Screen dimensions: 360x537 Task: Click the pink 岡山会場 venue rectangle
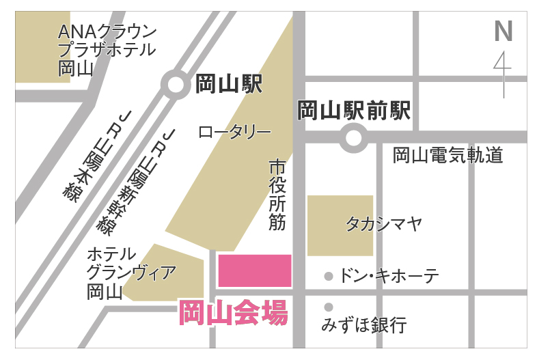pyautogui.click(x=254, y=271)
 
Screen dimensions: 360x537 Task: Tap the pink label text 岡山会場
pyautogui.click(x=233, y=314)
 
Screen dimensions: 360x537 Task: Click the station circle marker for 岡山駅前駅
pyautogui.click(x=353, y=138)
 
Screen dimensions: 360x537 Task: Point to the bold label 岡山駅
pyautogui.click(x=228, y=84)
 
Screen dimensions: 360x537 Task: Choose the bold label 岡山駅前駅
pyautogui.click(x=355, y=110)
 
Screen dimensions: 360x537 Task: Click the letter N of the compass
pyautogui.click(x=503, y=31)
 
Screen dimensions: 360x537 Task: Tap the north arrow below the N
pyautogui.click(x=504, y=72)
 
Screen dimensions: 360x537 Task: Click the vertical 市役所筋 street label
pyautogui.click(x=277, y=195)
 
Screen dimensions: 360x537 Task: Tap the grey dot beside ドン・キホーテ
pyautogui.click(x=329, y=277)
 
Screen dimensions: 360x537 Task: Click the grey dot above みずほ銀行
pyautogui.click(x=329, y=307)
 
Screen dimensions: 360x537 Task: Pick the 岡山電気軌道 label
pyautogui.click(x=447, y=156)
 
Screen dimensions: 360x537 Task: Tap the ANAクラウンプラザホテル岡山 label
pyautogui.click(x=107, y=50)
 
